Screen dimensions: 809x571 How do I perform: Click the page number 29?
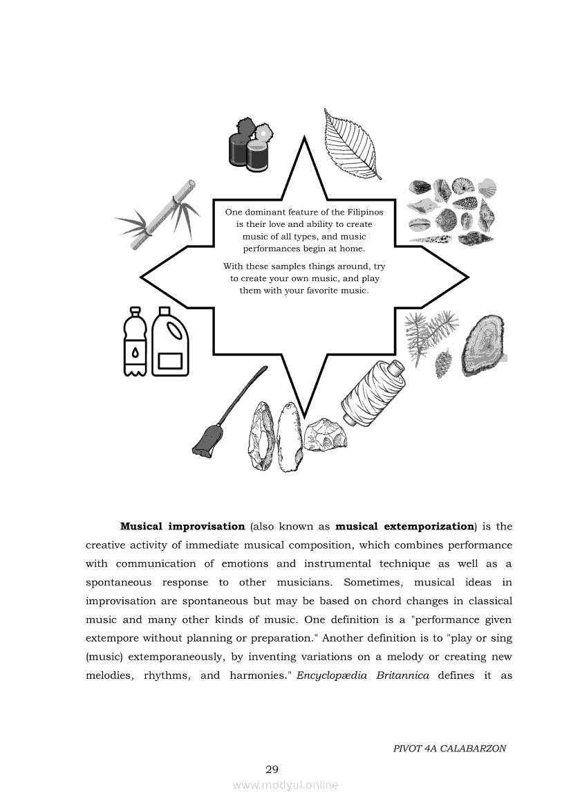[x=272, y=769]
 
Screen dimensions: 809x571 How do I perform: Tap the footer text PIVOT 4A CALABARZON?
[x=449, y=748]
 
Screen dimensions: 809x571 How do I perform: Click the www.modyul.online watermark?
[x=285, y=785]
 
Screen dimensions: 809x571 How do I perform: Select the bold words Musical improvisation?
[x=182, y=526]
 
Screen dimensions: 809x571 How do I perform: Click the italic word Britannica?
[x=403, y=675]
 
